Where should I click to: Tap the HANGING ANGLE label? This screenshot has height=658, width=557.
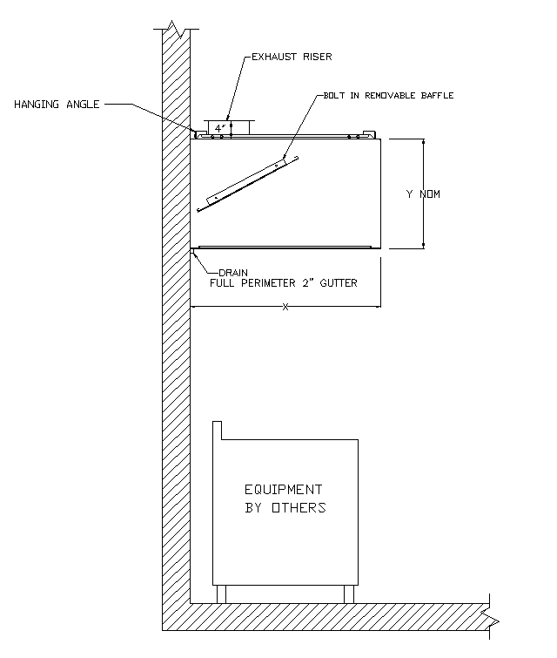coord(57,105)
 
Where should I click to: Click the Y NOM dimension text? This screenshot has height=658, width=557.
coord(423,193)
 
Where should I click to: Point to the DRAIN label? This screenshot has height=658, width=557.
coord(233,272)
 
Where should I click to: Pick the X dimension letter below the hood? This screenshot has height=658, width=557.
coord(285,308)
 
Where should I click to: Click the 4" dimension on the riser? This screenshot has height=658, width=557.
coord(219,127)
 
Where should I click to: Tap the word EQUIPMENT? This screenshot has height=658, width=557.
coord(283,490)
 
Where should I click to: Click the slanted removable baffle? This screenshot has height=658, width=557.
coord(248,184)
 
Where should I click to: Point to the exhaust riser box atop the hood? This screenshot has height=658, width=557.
coord(225,127)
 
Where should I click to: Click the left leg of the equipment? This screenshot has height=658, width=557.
coord(221,594)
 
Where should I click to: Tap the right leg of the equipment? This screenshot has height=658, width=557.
coord(349,594)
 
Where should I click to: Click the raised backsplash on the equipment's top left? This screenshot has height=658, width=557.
coord(218,431)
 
